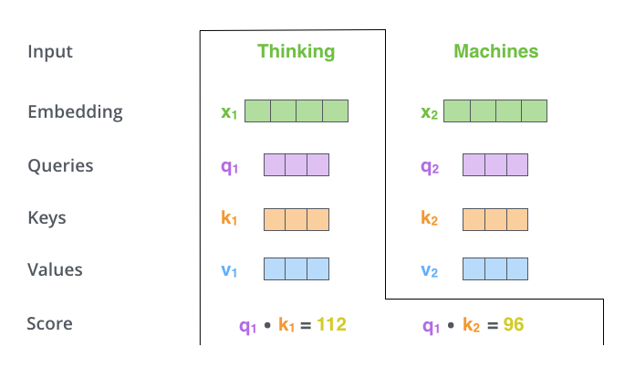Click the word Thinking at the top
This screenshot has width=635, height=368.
tap(296, 51)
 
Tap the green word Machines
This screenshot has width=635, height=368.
tap(495, 51)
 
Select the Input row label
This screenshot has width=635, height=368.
tap(50, 51)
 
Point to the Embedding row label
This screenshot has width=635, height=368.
tap(75, 112)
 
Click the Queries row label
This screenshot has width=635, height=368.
tap(60, 166)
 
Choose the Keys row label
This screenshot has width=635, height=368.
tap(47, 218)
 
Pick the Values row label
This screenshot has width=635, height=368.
tap(55, 270)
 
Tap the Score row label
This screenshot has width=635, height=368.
tap(49, 323)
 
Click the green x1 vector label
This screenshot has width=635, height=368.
tap(229, 112)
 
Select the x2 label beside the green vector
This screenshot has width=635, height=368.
tap(429, 112)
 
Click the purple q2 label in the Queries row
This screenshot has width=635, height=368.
tap(429, 166)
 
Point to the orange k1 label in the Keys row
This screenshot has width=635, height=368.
tap(229, 219)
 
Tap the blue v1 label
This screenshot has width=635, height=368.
tap(229, 270)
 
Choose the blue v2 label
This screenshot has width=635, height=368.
tap(429, 270)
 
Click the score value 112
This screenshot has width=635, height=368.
tap(331, 324)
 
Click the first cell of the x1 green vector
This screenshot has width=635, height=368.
tap(258, 111)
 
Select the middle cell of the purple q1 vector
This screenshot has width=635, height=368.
tap(297, 164)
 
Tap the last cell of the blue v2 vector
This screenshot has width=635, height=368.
tap(517, 269)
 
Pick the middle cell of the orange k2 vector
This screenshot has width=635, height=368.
tap(495, 219)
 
